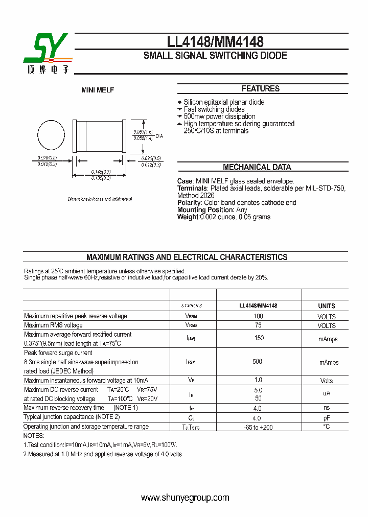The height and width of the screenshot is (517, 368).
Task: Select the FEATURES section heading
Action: [260, 89]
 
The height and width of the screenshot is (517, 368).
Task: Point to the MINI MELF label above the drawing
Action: [98, 90]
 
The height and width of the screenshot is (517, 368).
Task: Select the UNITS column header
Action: [327, 306]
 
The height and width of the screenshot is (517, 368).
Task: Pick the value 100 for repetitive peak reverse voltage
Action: [258, 316]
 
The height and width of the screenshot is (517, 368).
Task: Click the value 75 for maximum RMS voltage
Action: [258, 325]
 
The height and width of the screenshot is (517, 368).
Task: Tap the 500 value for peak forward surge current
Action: [257, 362]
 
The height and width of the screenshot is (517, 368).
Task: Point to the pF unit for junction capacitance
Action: [327, 417]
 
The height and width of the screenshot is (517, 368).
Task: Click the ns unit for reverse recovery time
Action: [327, 408]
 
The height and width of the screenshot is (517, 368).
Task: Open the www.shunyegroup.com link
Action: [185, 498]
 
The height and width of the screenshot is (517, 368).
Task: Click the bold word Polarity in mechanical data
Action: [189, 203]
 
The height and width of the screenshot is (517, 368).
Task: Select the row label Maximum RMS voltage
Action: [53, 325]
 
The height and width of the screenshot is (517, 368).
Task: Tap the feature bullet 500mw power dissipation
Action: [219, 116]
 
